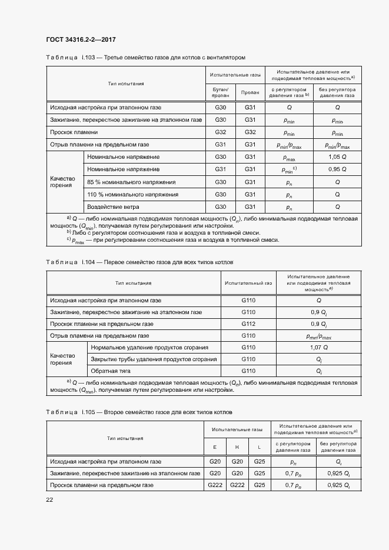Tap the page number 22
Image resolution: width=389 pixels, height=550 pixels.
tap(49, 499)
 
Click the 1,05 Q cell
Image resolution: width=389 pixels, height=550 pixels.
tap(337, 157)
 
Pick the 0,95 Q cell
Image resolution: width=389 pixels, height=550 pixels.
tap(337, 169)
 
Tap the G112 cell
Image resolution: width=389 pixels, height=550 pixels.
tap(248, 324)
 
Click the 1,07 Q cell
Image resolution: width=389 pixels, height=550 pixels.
tap(318, 347)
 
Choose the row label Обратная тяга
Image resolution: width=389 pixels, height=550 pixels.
tap(110, 371)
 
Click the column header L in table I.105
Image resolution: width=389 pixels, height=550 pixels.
tap(260, 447)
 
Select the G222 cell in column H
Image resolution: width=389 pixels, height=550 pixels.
tap(237, 485)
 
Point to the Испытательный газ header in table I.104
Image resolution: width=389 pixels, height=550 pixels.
tap(248, 283)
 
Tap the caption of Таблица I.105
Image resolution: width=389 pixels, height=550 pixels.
tap(139, 412)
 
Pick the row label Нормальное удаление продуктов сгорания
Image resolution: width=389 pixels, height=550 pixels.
tap(149, 347)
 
